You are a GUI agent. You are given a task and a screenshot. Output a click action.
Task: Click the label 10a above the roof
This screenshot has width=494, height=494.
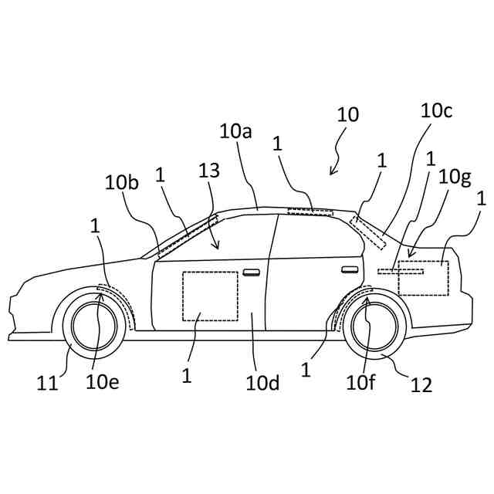point(235,132)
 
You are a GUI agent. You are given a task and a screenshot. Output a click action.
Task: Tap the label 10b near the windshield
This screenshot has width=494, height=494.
point(122,183)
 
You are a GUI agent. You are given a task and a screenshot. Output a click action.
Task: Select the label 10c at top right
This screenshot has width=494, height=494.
point(436,110)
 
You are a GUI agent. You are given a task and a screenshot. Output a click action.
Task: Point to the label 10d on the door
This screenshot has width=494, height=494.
point(262,381)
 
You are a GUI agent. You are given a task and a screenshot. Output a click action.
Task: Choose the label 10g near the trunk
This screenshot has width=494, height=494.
point(454,178)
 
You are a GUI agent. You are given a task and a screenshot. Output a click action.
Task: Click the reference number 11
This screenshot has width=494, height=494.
point(48,381)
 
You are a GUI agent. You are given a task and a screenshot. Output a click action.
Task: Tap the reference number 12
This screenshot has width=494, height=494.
point(421,383)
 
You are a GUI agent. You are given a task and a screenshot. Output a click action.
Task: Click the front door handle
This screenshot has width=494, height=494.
point(251,272)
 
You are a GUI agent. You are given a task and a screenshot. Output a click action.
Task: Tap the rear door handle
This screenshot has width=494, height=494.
point(350,269)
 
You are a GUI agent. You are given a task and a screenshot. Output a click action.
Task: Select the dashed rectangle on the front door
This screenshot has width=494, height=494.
point(209,296)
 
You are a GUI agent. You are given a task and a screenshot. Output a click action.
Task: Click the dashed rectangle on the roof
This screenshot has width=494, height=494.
point(310,211)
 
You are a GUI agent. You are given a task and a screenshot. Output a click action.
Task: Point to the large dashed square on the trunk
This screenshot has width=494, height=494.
point(422,278)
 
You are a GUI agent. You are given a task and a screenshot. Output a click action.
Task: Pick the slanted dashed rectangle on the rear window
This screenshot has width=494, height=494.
point(368,232)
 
